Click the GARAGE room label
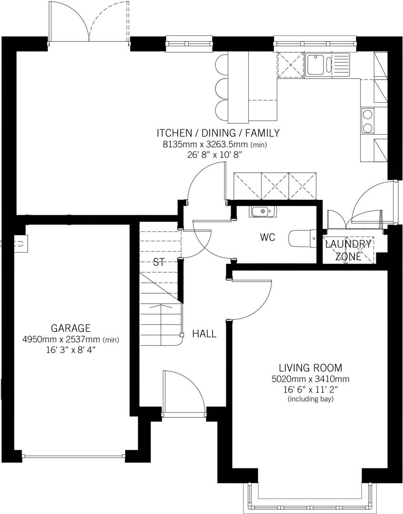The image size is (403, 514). pos(71,328)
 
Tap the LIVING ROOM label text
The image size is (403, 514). pos(311,368)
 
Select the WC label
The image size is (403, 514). pos(268,237)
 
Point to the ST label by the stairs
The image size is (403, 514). pos(159,262)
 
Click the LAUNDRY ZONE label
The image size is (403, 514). pos(348,250)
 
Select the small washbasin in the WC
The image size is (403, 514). pos(261,211)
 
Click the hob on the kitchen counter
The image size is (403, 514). pos(368,121)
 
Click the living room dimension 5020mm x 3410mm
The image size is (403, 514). pos(311,379)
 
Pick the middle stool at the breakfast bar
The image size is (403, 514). pos(222,88)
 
